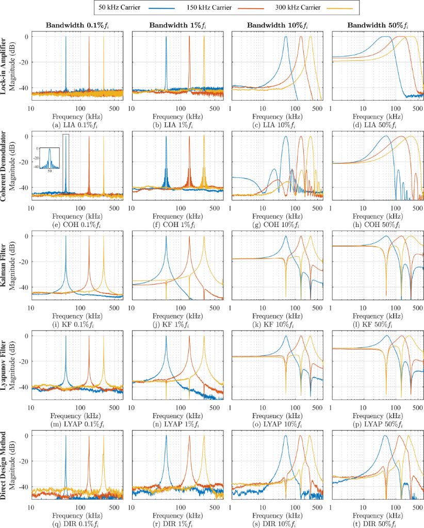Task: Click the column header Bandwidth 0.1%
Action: (77, 25)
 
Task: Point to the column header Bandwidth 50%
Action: (378, 25)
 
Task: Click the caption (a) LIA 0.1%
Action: (77, 125)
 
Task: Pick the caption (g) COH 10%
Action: (277, 225)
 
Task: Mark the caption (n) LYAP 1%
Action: (177, 424)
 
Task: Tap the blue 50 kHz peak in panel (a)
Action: (66, 39)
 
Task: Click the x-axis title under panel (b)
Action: (177, 117)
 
